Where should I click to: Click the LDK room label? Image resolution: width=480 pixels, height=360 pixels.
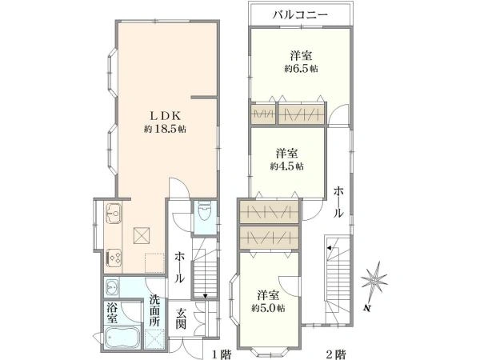point(166,116)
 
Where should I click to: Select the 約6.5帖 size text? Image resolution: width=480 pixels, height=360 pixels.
point(302,69)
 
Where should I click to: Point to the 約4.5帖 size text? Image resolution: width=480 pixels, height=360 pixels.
point(287,166)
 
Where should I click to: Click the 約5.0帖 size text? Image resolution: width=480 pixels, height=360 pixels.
point(269,308)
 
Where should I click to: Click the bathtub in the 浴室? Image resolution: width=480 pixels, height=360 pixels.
point(122,338)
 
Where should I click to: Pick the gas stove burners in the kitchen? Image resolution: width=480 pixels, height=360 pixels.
point(114,258)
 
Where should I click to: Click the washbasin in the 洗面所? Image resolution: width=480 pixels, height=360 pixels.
point(111,287)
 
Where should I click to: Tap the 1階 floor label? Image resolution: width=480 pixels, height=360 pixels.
point(222,354)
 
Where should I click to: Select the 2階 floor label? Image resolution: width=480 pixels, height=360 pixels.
point(336,354)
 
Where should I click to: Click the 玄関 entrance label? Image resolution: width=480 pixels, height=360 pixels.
point(181,319)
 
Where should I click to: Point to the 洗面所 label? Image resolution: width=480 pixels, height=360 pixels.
point(154,310)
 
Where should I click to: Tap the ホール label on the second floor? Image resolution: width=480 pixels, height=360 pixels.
point(338,202)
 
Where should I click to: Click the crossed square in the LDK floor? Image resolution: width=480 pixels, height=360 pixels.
point(142,235)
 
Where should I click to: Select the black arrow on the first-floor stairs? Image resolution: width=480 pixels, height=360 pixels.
point(205,296)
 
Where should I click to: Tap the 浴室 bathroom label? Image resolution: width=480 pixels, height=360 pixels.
point(112,313)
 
